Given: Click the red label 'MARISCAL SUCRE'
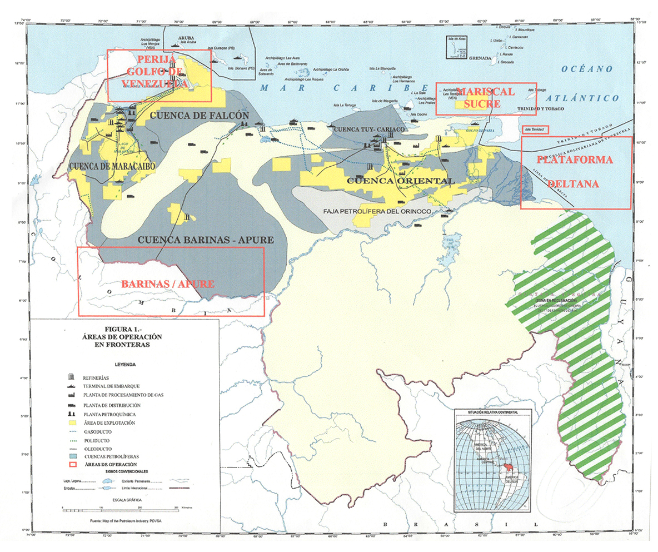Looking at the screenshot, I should coord(477,97).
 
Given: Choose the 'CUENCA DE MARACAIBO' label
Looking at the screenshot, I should coord(112,166).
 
